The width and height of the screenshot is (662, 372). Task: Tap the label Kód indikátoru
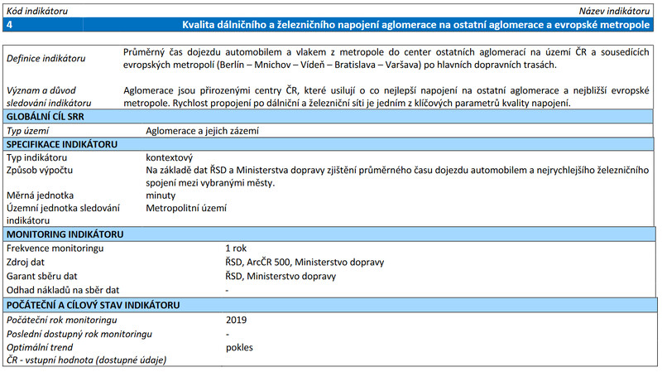tap(36, 10)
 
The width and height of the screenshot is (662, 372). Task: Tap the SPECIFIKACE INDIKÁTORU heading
tap(64, 144)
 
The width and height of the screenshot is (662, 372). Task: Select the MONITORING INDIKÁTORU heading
tap(65, 235)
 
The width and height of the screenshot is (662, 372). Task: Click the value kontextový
tap(169, 157)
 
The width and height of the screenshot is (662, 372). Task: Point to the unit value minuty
tap(161, 196)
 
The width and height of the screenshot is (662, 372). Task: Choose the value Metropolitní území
tap(186, 209)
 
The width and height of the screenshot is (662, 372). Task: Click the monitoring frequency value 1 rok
tap(236, 249)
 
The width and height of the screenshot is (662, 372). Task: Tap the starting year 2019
tap(237, 320)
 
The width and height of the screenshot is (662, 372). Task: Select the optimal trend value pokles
tap(239, 347)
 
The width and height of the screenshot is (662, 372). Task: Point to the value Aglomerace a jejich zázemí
tap(202, 131)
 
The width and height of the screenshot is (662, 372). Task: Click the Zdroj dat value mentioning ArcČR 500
tap(305, 263)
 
